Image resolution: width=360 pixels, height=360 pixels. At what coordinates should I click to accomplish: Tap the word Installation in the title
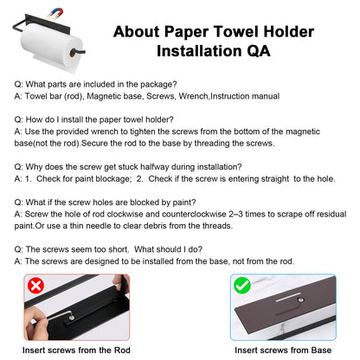coord(195,49)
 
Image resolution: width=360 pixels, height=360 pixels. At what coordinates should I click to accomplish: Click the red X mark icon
coord(35,285)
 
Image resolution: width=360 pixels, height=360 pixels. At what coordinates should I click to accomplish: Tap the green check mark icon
coord(241,284)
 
